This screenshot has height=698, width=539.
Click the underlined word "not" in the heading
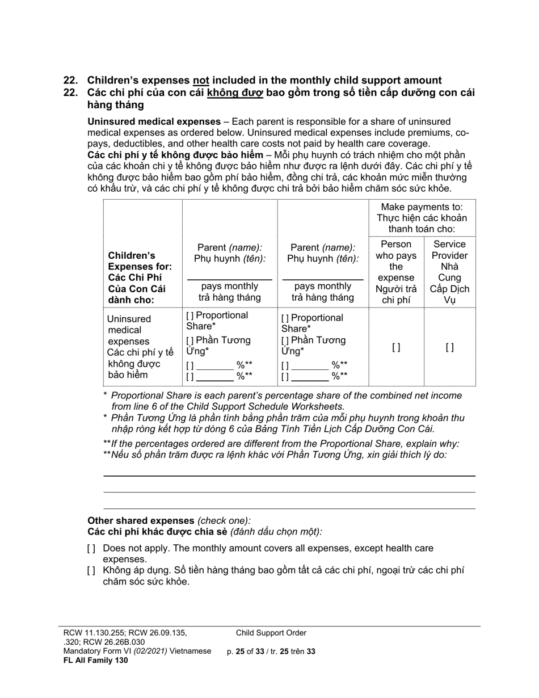click(x=201, y=81)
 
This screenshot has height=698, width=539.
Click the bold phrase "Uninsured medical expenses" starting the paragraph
click(x=154, y=121)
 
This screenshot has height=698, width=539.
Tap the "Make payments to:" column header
click(x=422, y=207)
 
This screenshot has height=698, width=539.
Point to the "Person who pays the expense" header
click(x=396, y=260)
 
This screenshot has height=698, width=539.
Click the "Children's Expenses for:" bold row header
click(x=132, y=261)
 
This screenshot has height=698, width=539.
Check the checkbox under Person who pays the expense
click(x=396, y=348)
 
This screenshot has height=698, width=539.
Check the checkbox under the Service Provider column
click(x=449, y=348)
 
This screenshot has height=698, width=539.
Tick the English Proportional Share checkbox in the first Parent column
click(x=190, y=316)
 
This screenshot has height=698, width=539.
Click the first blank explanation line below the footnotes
click(x=289, y=475)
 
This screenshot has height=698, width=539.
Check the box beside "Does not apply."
click(x=91, y=549)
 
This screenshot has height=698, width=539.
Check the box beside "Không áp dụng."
click(x=91, y=571)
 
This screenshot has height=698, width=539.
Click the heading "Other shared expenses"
click(x=141, y=520)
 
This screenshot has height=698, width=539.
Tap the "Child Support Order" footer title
click(x=271, y=633)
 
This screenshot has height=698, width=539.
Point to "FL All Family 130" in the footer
click(x=95, y=660)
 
